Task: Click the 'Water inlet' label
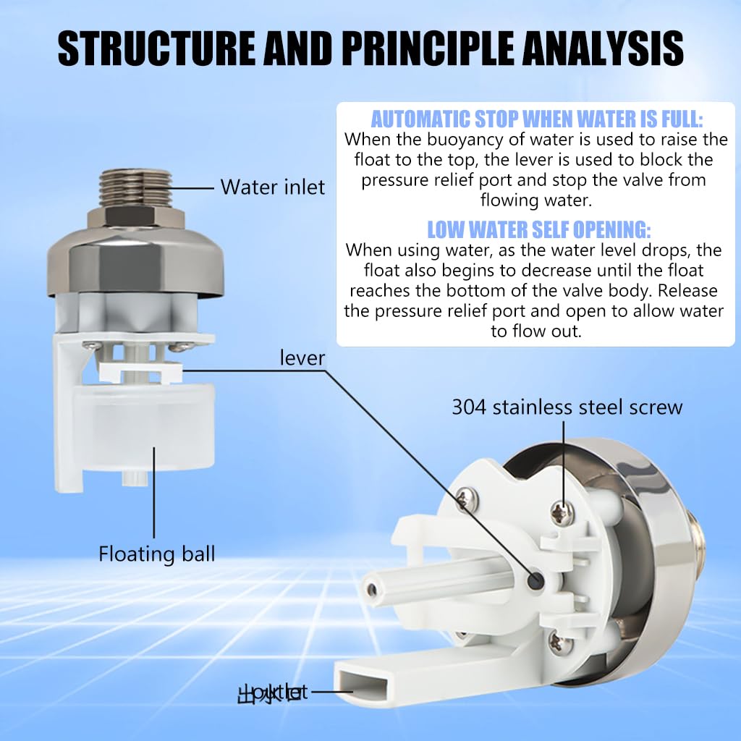[x=272, y=187]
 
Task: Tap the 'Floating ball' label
[x=157, y=554]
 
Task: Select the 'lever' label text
[x=302, y=357]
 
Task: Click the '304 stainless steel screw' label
[x=567, y=407]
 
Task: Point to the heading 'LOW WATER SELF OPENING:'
[x=538, y=230]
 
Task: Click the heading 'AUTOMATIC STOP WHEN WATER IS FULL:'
[x=537, y=119]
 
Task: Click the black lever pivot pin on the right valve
[x=537, y=579]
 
